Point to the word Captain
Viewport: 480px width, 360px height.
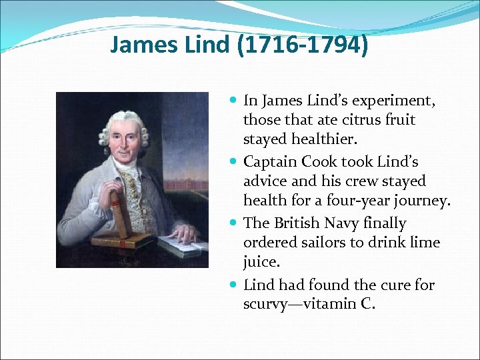[270, 161]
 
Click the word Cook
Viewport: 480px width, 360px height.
[320, 161]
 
